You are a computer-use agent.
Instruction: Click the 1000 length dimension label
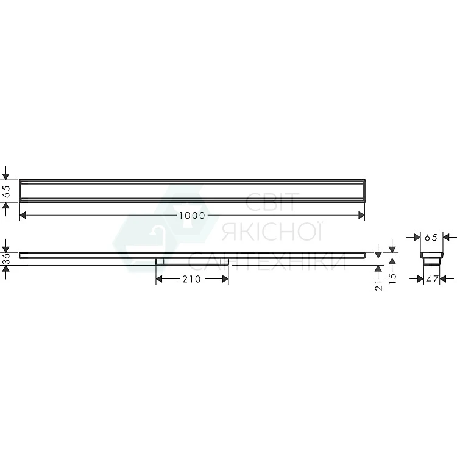coord(192,216)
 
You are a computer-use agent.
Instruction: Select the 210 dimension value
coord(191,279)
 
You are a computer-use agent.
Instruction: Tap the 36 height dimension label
coord(6,259)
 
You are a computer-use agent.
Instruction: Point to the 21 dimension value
coord(378,285)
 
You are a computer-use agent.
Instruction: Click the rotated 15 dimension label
coord(392,278)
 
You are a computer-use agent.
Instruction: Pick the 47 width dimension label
coord(431,279)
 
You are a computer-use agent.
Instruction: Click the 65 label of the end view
coord(431,238)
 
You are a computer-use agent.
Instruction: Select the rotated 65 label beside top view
coord(6,191)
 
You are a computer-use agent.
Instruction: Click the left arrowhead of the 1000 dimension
coord(23,215)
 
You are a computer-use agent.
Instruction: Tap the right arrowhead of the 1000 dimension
coord(361,215)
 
